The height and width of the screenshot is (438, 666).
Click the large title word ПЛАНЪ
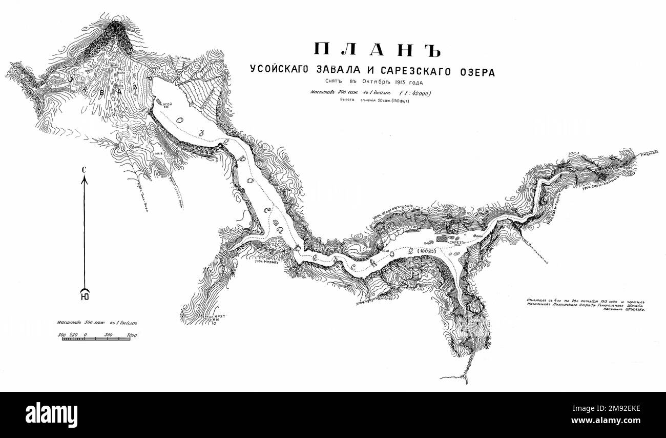click(x=377, y=49)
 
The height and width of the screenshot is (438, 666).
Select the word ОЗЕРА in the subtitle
click(x=474, y=72)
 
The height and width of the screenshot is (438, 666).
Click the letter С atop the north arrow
click(x=84, y=169)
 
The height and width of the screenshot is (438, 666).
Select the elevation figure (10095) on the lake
click(x=426, y=251)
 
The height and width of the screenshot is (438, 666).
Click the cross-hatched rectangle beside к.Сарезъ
click(x=442, y=238)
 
